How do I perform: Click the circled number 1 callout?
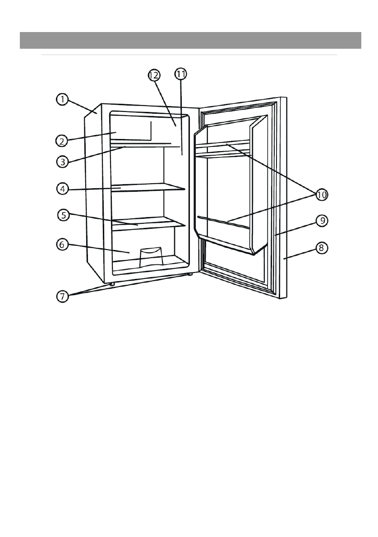coord(62,99)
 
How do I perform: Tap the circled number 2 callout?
coord(62,140)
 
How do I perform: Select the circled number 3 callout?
coord(62,161)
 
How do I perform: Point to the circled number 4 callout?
coord(62,189)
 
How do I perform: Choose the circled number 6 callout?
coord(62,244)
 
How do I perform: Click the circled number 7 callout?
coord(62,296)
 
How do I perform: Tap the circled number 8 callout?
coord(322,248)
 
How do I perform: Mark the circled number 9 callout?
coord(322,221)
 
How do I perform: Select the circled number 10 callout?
coord(322,195)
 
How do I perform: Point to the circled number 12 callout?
coord(154,75)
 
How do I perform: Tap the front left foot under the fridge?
coord(111,284)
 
